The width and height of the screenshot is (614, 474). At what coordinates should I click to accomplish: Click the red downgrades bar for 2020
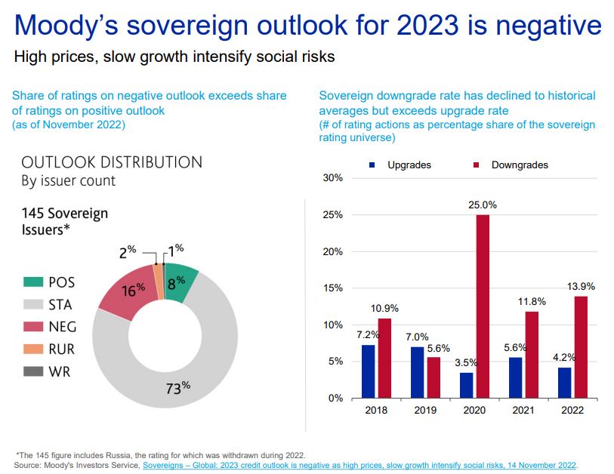(483, 306)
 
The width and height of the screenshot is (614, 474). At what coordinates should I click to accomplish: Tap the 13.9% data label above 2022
(581, 286)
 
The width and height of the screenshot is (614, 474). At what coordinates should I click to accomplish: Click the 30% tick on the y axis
(334, 178)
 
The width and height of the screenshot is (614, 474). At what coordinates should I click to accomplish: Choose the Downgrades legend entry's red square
(477, 165)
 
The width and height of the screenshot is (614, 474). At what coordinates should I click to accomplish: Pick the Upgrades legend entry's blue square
(372, 165)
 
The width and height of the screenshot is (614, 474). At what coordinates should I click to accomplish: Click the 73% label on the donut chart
(178, 389)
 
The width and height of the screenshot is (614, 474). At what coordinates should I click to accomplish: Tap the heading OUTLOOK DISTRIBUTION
(112, 162)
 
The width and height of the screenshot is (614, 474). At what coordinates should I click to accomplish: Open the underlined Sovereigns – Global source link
(359, 465)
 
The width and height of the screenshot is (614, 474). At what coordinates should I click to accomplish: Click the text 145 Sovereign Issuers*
(65, 221)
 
